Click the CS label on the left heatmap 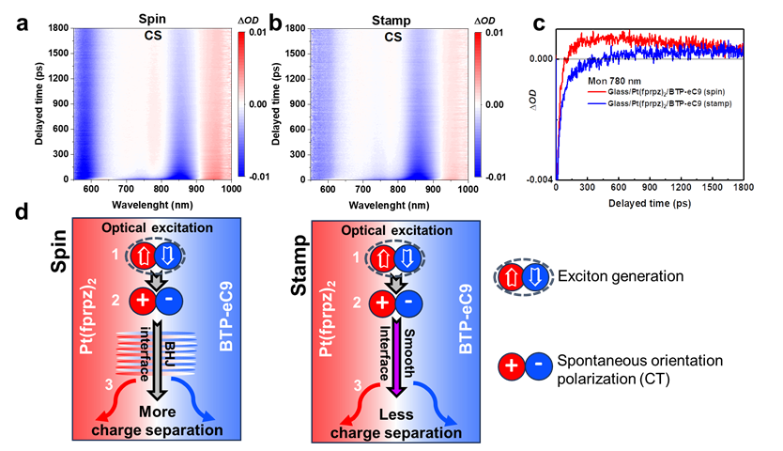tap(153, 37)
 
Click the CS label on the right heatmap tap(393, 37)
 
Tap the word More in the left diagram tap(157, 412)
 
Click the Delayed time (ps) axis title tap(650, 203)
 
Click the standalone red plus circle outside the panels tap(512, 366)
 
